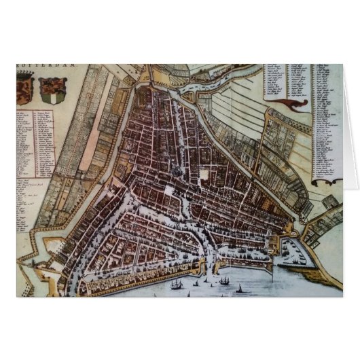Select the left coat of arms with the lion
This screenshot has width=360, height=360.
[x=25, y=89]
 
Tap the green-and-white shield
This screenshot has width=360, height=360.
[x=49, y=88]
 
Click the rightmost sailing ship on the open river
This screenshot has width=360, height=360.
[x=239, y=289]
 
